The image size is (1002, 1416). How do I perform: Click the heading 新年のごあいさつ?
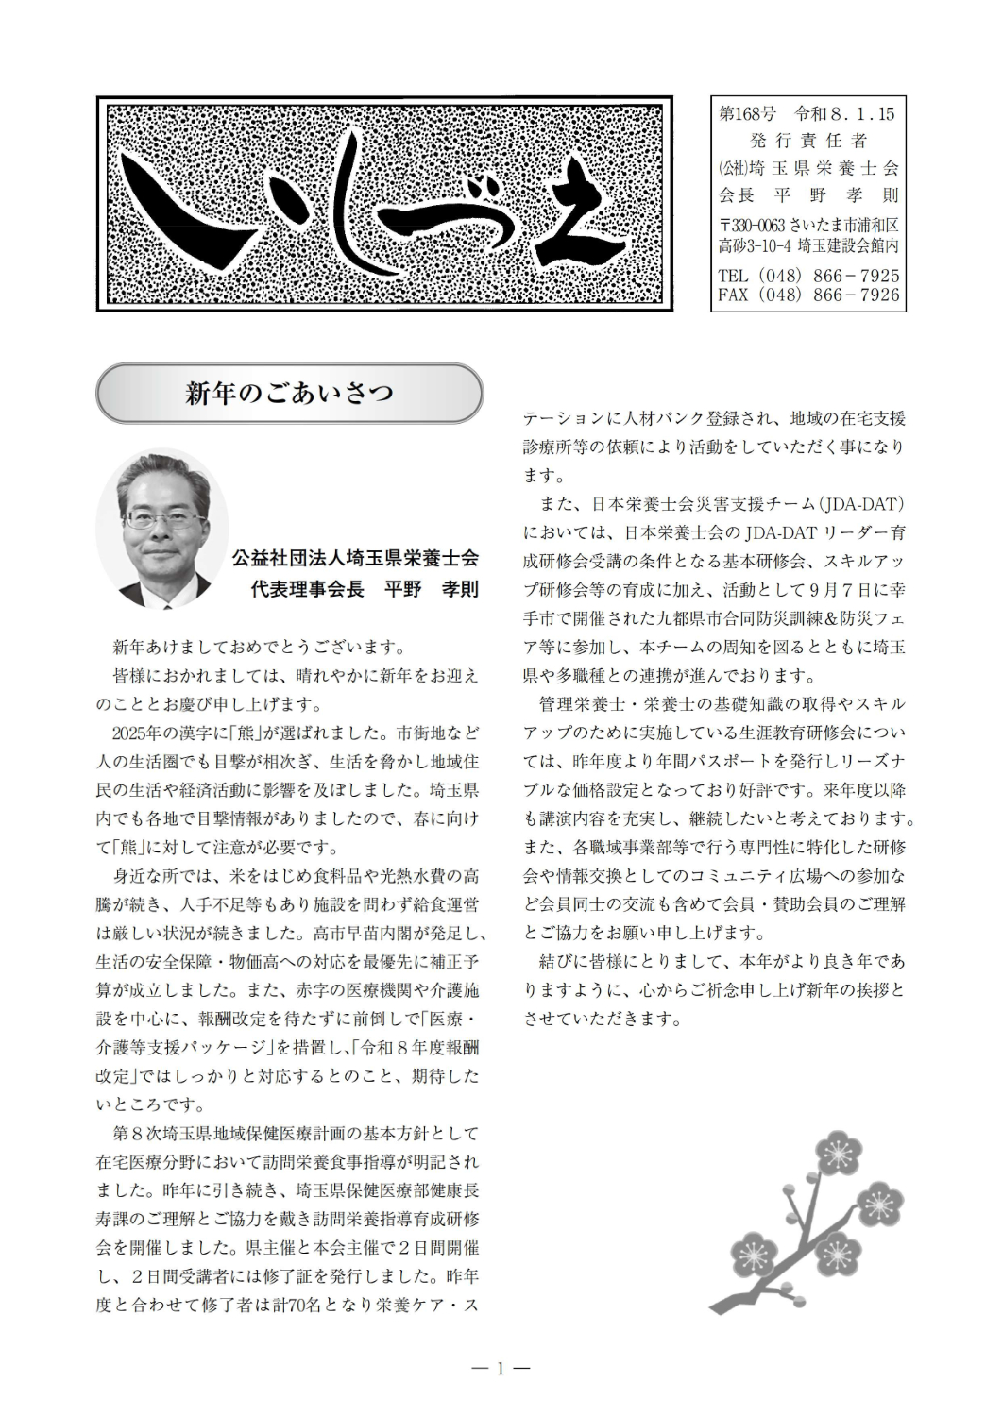[289, 393]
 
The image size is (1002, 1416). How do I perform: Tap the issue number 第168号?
[747, 114]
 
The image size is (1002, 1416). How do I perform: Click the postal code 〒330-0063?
[751, 226]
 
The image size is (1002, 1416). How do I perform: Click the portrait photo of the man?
[161, 529]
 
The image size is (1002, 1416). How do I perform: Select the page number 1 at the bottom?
[501, 1368]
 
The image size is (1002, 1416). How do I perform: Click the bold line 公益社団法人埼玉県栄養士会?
[355, 558]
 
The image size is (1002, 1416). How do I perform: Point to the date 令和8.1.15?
[844, 114]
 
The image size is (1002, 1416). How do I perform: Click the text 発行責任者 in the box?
[808, 141]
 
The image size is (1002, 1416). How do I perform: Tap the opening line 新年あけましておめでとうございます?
[260, 648]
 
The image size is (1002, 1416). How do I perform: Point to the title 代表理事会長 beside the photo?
[307, 589]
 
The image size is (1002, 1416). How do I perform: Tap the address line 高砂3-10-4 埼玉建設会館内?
[808, 245]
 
